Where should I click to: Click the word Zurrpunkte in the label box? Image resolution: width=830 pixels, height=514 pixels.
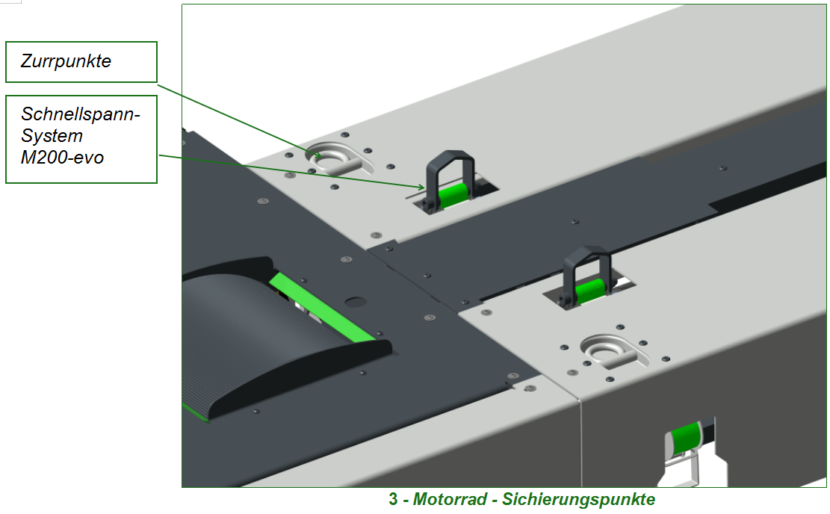click(x=66, y=61)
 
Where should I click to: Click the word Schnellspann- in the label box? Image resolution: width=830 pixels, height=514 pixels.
click(x=81, y=114)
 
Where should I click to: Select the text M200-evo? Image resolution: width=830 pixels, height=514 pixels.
click(x=62, y=158)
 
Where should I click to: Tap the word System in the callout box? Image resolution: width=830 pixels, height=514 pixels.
click(x=52, y=137)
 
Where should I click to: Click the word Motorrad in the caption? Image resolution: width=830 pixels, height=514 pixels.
click(x=450, y=499)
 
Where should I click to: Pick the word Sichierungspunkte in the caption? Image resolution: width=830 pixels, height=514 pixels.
click(x=578, y=499)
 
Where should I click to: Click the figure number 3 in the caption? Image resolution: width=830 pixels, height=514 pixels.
click(x=393, y=499)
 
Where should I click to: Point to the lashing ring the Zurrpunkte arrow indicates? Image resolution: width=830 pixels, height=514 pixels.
click(x=339, y=160)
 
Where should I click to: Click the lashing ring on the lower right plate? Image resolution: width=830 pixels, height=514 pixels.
click(x=614, y=351)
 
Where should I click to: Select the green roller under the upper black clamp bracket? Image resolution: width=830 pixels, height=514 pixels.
click(x=453, y=195)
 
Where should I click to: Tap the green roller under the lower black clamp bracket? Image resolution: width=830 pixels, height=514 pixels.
click(x=590, y=291)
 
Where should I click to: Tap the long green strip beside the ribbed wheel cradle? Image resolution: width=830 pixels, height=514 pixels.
click(x=323, y=308)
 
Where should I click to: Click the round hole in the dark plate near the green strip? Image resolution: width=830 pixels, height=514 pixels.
click(x=356, y=303)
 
